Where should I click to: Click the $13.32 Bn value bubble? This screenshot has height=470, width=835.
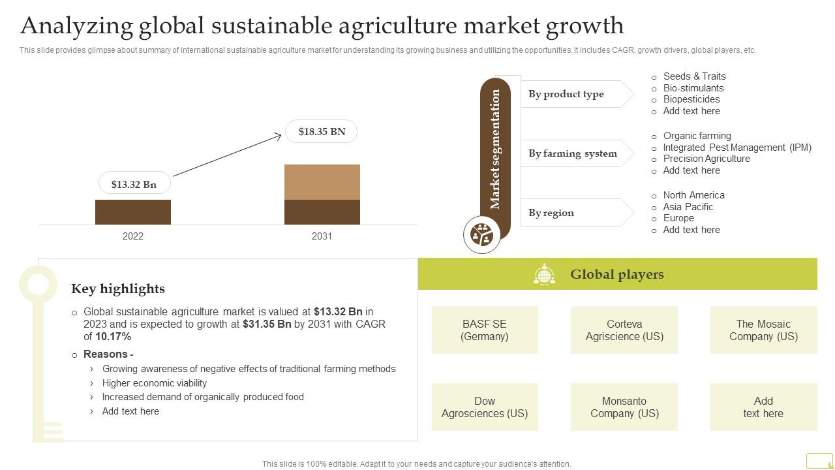(134, 184)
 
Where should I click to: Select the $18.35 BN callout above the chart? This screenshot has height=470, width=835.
(322, 131)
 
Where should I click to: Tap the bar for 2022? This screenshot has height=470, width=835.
(133, 212)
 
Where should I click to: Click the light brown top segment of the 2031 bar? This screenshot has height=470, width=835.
(322, 182)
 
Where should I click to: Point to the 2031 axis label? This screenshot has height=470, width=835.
(322, 236)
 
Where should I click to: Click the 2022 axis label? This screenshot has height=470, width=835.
(133, 236)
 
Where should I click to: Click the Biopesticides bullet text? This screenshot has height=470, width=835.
(691, 99)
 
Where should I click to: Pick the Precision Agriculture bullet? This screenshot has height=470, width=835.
(706, 159)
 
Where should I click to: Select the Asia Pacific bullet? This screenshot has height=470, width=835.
(688, 207)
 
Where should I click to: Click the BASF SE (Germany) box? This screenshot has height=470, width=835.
(485, 330)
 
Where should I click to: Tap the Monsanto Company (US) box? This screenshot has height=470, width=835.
(624, 407)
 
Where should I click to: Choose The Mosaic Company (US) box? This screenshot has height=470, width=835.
(763, 330)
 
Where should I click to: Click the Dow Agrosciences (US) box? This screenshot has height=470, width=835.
(485, 407)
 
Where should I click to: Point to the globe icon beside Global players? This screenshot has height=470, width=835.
(544, 275)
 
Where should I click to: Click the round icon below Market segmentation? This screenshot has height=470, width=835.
(482, 234)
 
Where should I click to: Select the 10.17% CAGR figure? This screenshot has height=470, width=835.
(114, 337)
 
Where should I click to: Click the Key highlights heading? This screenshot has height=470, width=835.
(118, 289)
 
